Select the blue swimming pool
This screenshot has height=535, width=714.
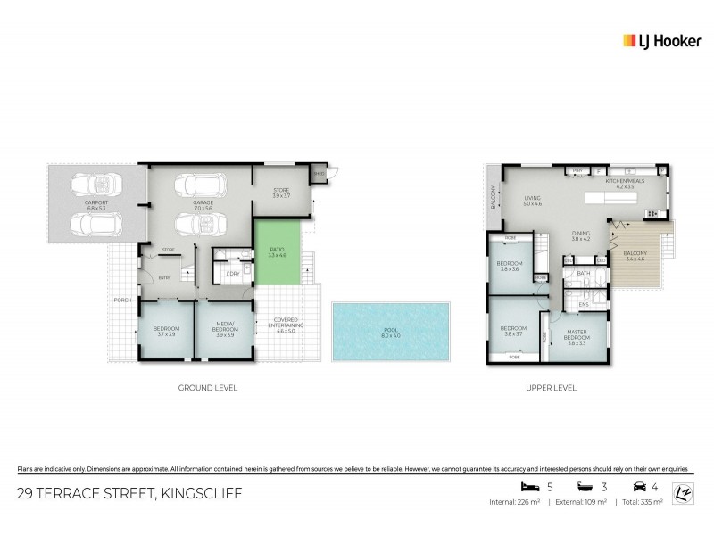[385, 331]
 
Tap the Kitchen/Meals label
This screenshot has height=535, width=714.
[619, 185]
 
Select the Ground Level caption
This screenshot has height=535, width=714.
[207, 388]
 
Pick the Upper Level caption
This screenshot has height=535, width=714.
[552, 388]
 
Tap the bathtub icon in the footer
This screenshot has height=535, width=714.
[585, 488]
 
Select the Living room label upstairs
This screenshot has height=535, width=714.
[533, 201]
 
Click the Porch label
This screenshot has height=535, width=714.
[121, 300]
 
